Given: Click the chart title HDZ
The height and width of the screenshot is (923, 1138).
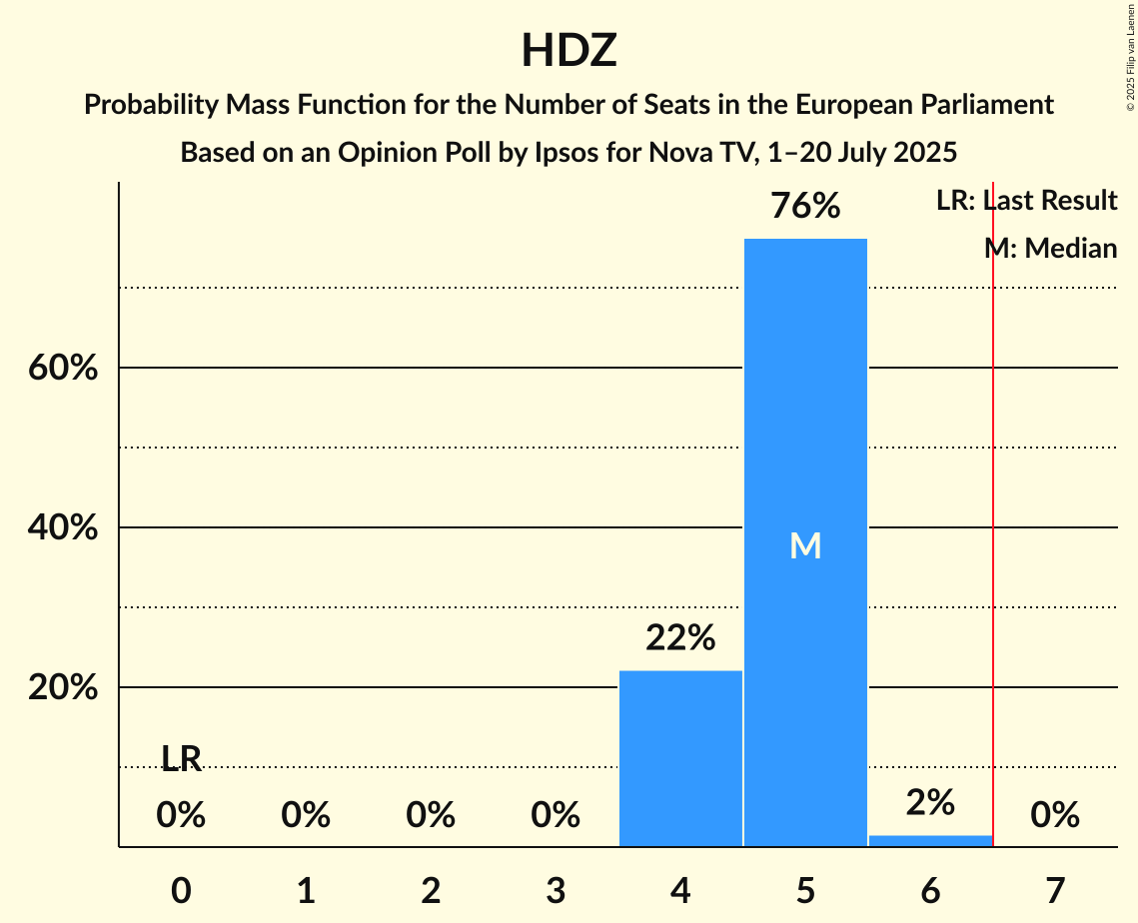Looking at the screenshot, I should (x=569, y=51).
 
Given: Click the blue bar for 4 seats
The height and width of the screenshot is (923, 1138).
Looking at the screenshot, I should (x=680, y=758).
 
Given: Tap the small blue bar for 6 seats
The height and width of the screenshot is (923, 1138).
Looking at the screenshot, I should (x=930, y=840).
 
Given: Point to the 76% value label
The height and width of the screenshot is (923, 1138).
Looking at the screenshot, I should (x=805, y=207).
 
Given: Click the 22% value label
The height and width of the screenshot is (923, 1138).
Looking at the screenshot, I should (x=680, y=638).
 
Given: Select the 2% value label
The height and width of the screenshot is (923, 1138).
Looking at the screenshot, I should (x=930, y=803).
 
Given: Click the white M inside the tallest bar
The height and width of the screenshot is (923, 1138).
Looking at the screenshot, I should (x=805, y=545).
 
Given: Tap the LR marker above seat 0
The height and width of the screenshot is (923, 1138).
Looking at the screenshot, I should (x=181, y=760).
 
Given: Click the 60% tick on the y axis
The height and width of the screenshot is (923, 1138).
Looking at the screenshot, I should (x=62, y=369).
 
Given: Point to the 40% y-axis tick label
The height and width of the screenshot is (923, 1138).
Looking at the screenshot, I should (x=62, y=528).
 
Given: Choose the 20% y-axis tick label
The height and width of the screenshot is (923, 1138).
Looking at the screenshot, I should (x=62, y=688).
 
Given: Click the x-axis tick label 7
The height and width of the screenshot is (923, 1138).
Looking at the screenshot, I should (x=1055, y=890).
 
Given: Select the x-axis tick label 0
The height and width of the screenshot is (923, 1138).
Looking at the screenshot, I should (x=181, y=890).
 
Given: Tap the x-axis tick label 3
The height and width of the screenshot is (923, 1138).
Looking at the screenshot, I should (x=556, y=890).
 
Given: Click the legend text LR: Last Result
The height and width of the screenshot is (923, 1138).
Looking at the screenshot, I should (x=1026, y=201).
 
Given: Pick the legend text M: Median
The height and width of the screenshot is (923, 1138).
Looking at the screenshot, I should (x=1050, y=248).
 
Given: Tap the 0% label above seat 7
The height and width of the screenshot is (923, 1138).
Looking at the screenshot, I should (x=1055, y=816).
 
